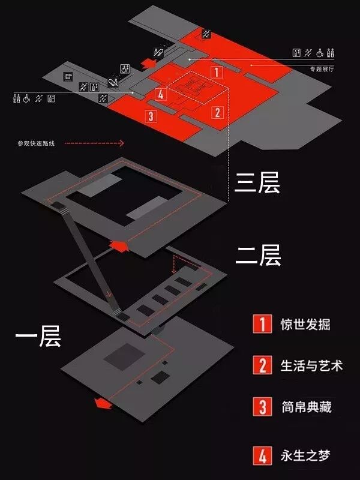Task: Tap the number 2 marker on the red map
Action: coord(217,112)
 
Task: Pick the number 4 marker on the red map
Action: coord(160,94)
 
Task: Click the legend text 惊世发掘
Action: coord(305,325)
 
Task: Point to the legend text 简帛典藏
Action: coord(305,407)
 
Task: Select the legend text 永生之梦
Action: coord(305,455)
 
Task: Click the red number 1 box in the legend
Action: coord(262,325)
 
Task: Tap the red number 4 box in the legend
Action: coord(262,455)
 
